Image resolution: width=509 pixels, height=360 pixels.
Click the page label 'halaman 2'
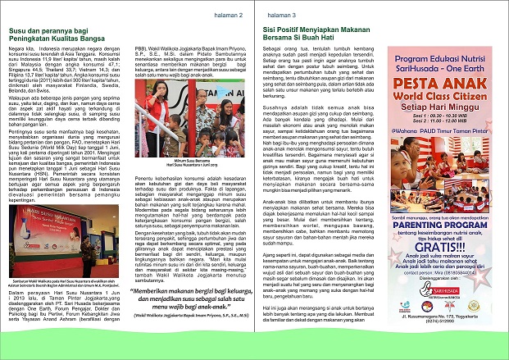(216, 15)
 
